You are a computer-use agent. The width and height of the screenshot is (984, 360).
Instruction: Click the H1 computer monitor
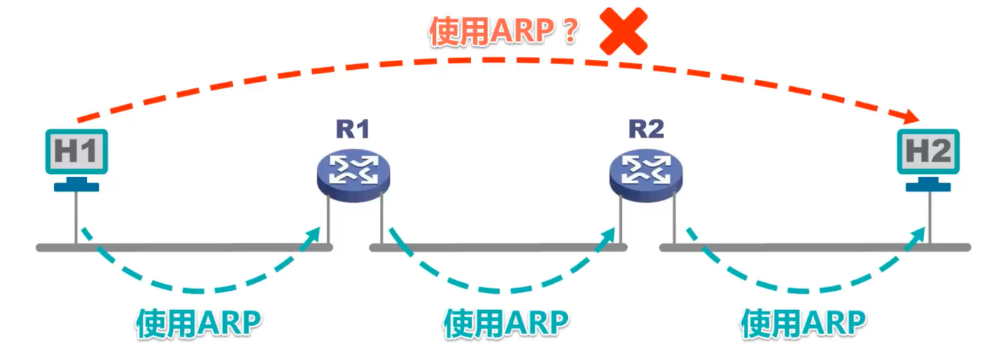pos(76,152)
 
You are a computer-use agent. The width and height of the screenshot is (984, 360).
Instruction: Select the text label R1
pos(353,129)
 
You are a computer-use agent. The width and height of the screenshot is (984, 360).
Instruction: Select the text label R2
pos(646,129)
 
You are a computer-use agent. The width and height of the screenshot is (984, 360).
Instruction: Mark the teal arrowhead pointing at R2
pos(610,236)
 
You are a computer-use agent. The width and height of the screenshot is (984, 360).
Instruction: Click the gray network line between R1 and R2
pos(499,247)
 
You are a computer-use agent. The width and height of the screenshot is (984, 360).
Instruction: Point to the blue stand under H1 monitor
pos(76,186)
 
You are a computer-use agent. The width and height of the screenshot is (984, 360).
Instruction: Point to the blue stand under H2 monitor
pos(928,186)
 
